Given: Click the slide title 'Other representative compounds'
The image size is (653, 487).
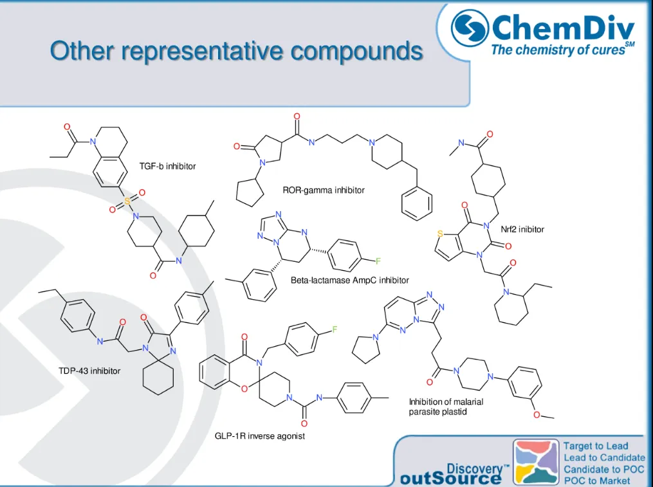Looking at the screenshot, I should click(x=237, y=50).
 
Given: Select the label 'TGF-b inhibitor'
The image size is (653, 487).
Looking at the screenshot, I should click(x=167, y=167).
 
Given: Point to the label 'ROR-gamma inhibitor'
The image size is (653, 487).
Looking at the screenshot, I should click(x=324, y=190).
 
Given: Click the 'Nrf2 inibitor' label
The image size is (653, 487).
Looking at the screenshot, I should click(x=522, y=228).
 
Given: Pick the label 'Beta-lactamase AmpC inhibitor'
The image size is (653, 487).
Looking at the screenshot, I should click(x=349, y=280).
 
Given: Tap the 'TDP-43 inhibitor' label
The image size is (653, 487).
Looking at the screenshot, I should click(x=89, y=371).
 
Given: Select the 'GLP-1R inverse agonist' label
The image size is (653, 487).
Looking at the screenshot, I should click(x=259, y=436).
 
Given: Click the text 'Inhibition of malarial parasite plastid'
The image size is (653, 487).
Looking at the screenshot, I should click(x=445, y=407).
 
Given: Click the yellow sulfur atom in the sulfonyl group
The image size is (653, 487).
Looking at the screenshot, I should click(x=127, y=201).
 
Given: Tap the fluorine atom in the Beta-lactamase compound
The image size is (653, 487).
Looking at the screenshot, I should click(x=378, y=261).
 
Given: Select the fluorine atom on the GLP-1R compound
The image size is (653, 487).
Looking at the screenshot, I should click(x=335, y=330).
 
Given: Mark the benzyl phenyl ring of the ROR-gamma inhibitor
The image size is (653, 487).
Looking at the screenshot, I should click(x=416, y=201).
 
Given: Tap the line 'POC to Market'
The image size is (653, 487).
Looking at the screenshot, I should click(x=596, y=481).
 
